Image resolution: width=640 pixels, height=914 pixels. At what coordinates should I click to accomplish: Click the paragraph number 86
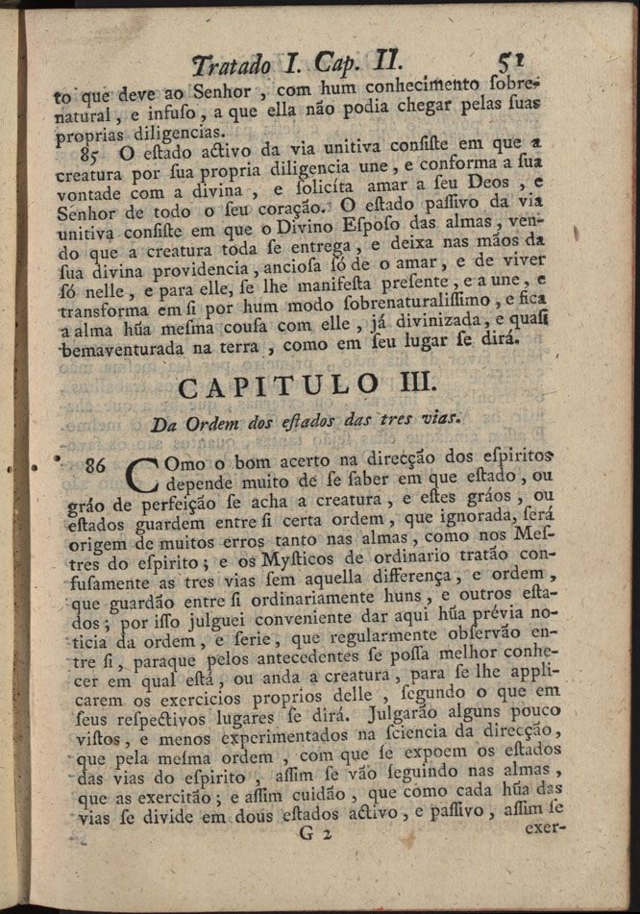coord(95,465)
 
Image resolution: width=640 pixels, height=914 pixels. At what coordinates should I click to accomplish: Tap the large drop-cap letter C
coord(143,478)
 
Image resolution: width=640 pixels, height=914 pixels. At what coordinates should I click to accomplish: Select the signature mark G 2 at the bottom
coord(315,834)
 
